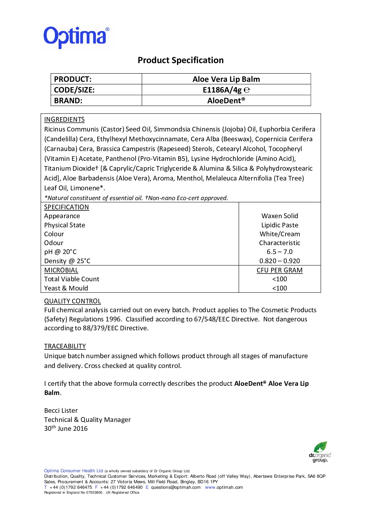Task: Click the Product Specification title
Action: click(180, 60)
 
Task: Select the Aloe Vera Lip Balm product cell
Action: click(226, 79)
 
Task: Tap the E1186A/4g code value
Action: click(222, 90)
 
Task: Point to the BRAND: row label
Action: click(68, 101)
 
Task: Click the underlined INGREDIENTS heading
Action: click(64, 120)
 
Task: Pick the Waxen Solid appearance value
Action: click(280, 216)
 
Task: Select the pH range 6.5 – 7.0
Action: click(280, 252)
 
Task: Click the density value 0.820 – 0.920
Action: click(280, 261)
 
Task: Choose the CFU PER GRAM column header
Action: click(280, 270)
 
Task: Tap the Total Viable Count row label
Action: click(72, 279)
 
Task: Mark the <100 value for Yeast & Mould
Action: click(280, 288)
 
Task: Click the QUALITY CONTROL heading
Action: click(72, 301)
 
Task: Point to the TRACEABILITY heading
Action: click(65, 346)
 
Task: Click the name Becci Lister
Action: click(61, 410)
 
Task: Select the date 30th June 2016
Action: click(66, 428)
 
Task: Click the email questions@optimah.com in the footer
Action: click(176, 487)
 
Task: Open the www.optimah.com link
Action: click(224, 487)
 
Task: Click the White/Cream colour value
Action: click(280, 234)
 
